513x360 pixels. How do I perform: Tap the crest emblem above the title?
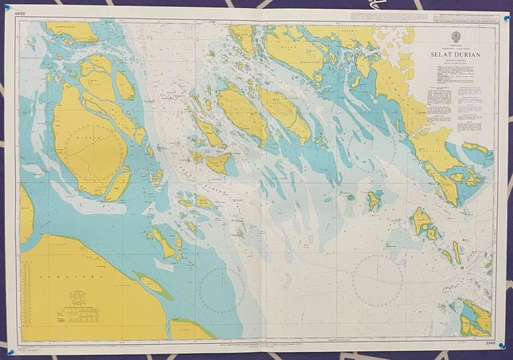[x=455, y=36]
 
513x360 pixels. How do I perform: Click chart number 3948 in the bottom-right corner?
[x=490, y=344]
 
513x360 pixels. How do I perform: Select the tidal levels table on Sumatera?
[x=80, y=313]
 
